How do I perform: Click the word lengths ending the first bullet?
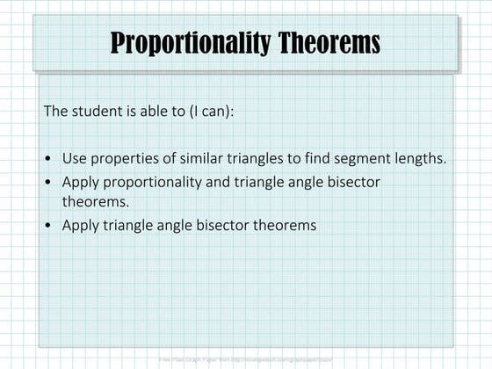[x=411, y=159]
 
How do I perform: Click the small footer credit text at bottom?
[x=246, y=358]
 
